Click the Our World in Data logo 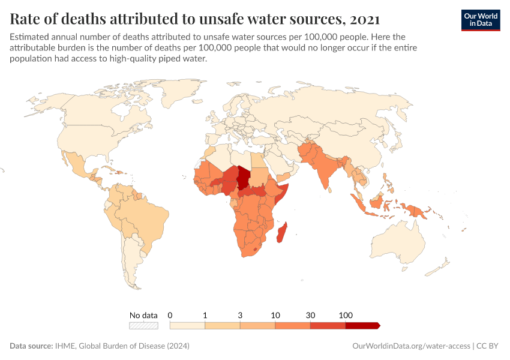click(480, 20)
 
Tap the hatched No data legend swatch click(143, 326)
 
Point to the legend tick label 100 click(346, 315)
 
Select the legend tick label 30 click(310, 315)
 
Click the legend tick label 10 click(275, 315)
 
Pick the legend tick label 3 click(240, 315)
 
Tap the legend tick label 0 click(170, 315)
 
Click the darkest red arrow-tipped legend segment click(362, 326)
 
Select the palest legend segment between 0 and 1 click(187, 326)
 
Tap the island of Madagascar click(281, 232)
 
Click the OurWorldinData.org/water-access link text click(410, 346)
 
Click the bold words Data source click(31, 346)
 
